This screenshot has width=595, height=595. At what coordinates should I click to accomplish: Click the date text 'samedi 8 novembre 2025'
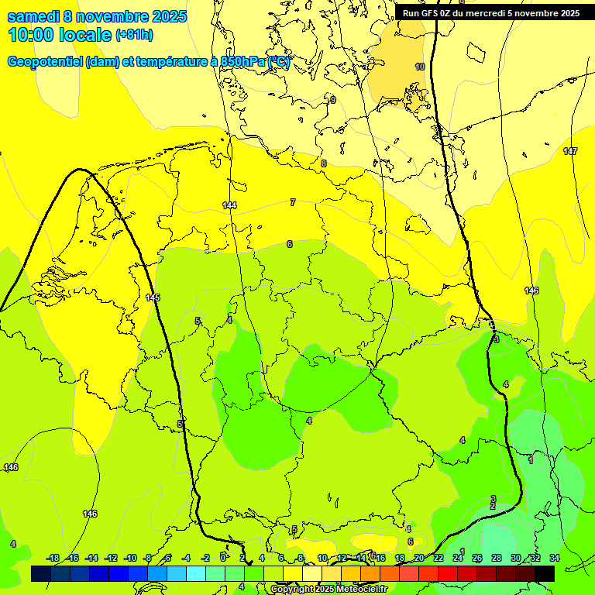click(97, 16)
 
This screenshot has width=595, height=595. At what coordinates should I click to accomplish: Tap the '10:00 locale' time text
click(58, 35)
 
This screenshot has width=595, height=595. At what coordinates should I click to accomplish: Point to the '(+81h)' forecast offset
click(134, 35)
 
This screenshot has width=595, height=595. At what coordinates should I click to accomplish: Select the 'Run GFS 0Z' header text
click(430, 13)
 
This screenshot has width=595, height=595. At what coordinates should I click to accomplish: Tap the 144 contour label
click(229, 205)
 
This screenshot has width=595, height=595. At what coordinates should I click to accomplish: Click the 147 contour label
click(570, 151)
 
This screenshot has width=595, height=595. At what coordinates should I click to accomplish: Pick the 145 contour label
click(153, 297)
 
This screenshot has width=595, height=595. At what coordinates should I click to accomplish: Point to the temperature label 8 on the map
click(324, 163)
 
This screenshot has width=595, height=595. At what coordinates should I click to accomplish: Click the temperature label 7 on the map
click(293, 202)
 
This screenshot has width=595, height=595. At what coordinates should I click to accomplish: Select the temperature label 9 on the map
click(333, 100)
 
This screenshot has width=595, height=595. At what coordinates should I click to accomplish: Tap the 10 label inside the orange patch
click(420, 67)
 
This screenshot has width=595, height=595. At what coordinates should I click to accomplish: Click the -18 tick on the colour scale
click(53, 558)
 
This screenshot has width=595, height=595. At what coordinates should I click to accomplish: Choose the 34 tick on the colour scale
click(555, 558)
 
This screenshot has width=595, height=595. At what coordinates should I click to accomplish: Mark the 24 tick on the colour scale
click(458, 558)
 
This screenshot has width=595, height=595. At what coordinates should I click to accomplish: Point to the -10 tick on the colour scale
click(129, 558)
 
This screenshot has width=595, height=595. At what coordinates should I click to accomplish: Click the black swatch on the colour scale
click(544, 573)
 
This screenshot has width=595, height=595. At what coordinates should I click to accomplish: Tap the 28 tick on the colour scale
click(497, 558)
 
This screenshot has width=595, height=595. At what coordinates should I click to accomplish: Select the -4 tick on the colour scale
click(187, 558)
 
